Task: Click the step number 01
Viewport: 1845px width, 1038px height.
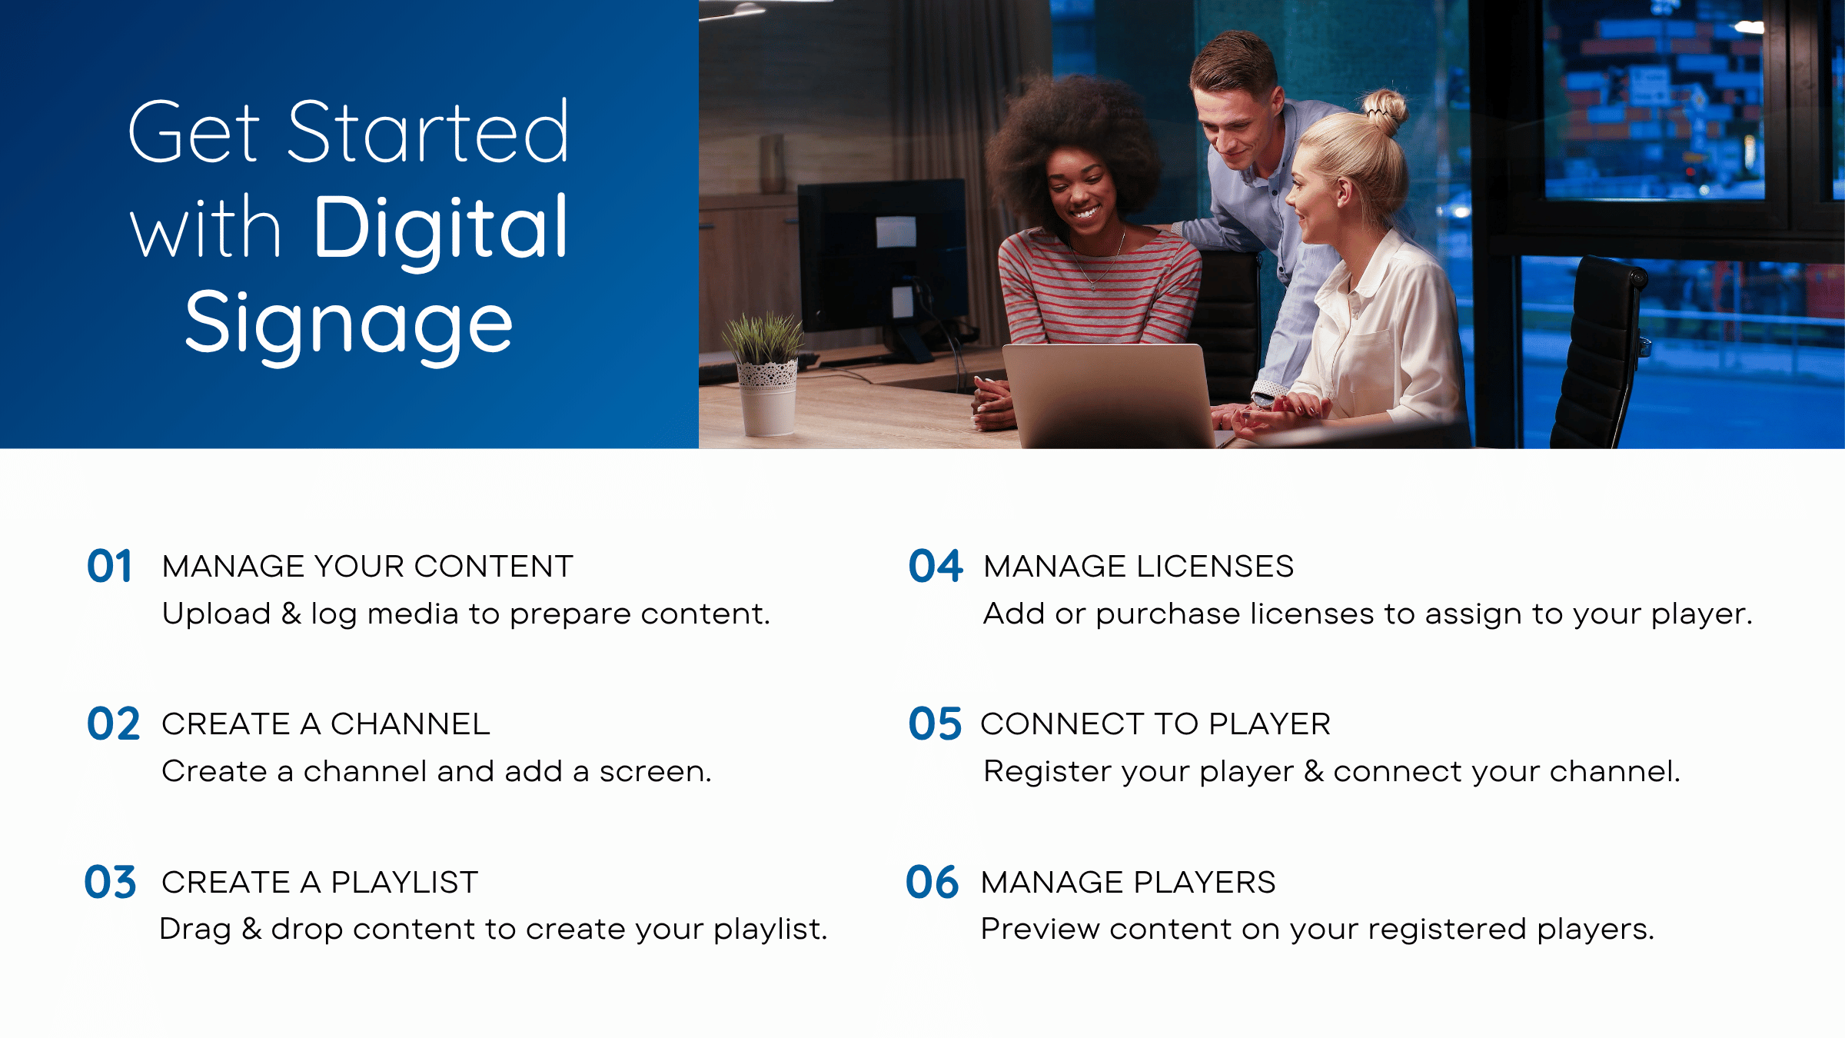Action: (x=109, y=566)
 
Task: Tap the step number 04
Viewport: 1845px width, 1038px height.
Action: (x=935, y=566)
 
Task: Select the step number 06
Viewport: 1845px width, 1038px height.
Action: (x=932, y=882)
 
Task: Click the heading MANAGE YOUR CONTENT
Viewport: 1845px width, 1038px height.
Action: (x=367, y=567)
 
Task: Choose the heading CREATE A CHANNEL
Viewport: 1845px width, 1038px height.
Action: (x=326, y=724)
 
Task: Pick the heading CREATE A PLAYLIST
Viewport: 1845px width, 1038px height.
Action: (x=320, y=883)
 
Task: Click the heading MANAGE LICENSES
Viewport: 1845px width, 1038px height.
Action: (x=1139, y=567)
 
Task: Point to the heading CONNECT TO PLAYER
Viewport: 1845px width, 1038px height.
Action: (x=1155, y=724)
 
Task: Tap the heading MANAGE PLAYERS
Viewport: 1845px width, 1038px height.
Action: (x=1129, y=883)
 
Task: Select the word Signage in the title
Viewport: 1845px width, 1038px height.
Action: (x=349, y=325)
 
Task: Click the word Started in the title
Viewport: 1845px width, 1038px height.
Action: (x=427, y=132)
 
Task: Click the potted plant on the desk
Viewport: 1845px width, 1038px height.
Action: (x=766, y=373)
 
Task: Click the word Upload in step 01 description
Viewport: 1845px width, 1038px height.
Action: (x=217, y=614)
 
